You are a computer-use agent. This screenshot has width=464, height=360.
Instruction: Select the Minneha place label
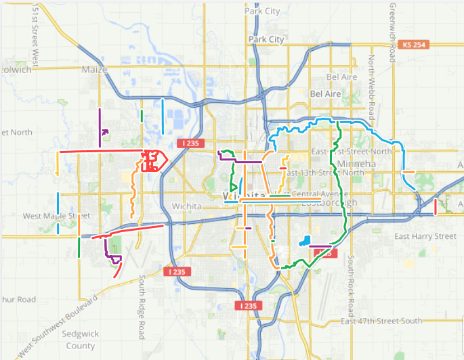(x=369, y=163)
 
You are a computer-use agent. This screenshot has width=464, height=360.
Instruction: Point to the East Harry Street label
(x=425, y=236)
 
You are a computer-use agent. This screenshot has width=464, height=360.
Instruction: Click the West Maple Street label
(x=51, y=216)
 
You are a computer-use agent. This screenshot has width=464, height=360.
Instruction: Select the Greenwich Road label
(x=392, y=31)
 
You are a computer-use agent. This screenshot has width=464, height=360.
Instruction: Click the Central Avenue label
(x=309, y=193)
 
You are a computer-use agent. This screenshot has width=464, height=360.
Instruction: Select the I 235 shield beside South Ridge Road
(x=175, y=271)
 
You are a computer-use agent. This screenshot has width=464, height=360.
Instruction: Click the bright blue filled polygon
(x=305, y=241)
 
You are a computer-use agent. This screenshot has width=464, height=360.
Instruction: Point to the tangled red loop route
(x=153, y=162)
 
